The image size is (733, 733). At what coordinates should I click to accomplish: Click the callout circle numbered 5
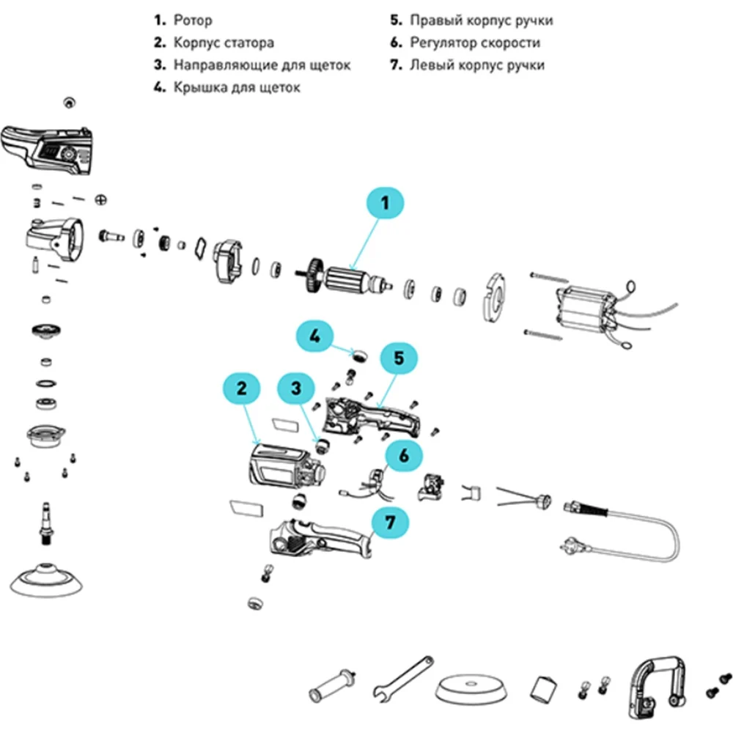pyautogui.click(x=399, y=358)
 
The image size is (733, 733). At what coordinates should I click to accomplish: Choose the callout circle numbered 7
pyautogui.click(x=391, y=523)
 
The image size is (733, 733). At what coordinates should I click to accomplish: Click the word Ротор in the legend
pyautogui.click(x=193, y=21)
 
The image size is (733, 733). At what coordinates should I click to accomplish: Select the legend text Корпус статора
pyautogui.click(x=224, y=43)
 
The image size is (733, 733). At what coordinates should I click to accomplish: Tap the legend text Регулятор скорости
pyautogui.click(x=476, y=43)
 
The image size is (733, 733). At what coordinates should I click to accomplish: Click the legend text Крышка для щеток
pyautogui.click(x=237, y=88)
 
